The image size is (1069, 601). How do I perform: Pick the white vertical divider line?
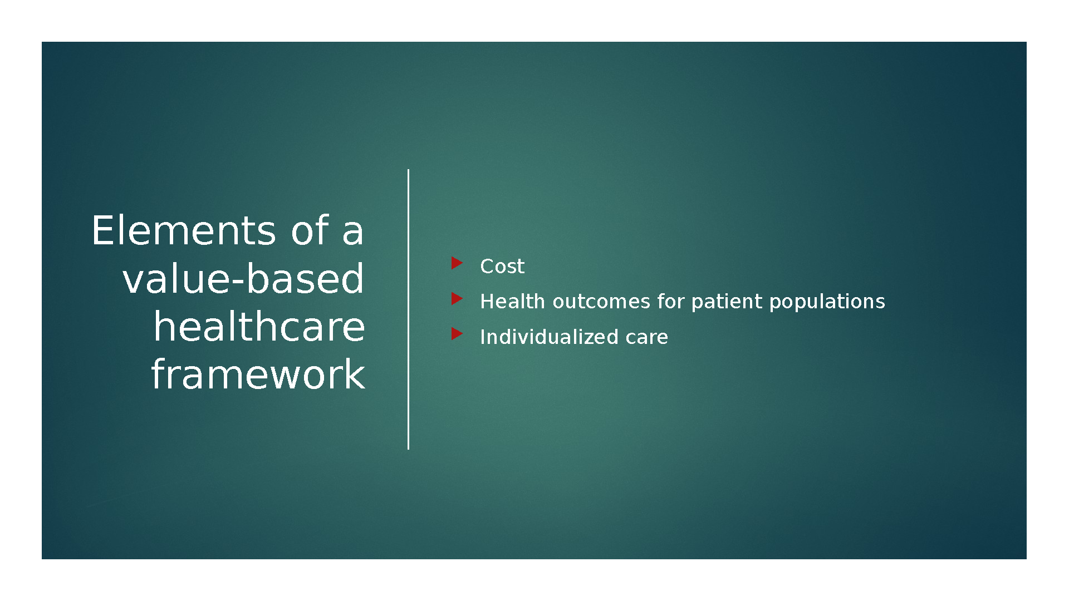click(x=408, y=309)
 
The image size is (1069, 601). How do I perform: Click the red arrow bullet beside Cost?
click(x=457, y=263)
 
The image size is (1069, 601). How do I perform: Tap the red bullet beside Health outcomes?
click(x=457, y=298)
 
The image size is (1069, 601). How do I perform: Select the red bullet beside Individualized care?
click(x=457, y=333)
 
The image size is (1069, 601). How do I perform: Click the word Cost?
click(x=502, y=267)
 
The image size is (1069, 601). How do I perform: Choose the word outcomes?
click(x=601, y=302)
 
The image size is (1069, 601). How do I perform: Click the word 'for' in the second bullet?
click(x=670, y=301)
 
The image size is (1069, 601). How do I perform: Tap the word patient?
click(x=727, y=302)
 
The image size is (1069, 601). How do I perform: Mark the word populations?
click(x=827, y=302)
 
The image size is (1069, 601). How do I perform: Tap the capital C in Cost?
click(x=488, y=267)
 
